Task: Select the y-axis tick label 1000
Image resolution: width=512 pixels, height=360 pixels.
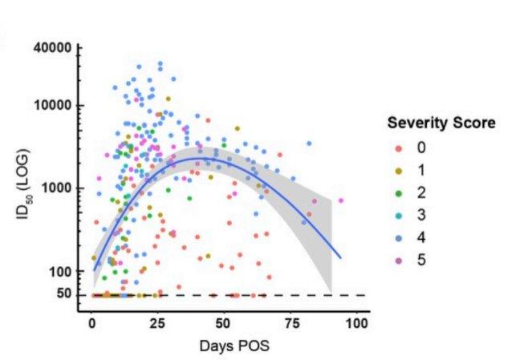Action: click(x=59, y=188)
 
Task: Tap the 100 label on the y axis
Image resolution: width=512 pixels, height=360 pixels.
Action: click(x=62, y=271)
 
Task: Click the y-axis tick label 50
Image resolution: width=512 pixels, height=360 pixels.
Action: click(x=65, y=295)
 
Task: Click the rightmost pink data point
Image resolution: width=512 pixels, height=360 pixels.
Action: click(x=341, y=200)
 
